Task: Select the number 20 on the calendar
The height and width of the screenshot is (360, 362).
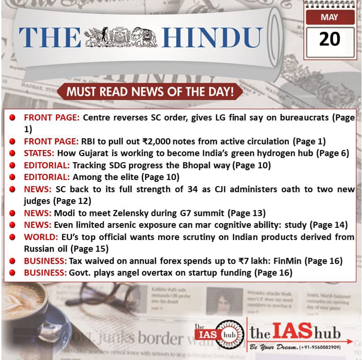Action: click(330, 39)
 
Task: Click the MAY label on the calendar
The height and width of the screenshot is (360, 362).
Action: click(330, 18)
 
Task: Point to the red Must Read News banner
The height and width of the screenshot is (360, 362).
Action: click(150, 91)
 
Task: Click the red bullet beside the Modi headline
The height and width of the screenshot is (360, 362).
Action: click(13, 213)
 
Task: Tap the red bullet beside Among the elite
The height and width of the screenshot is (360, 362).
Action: click(13, 177)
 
